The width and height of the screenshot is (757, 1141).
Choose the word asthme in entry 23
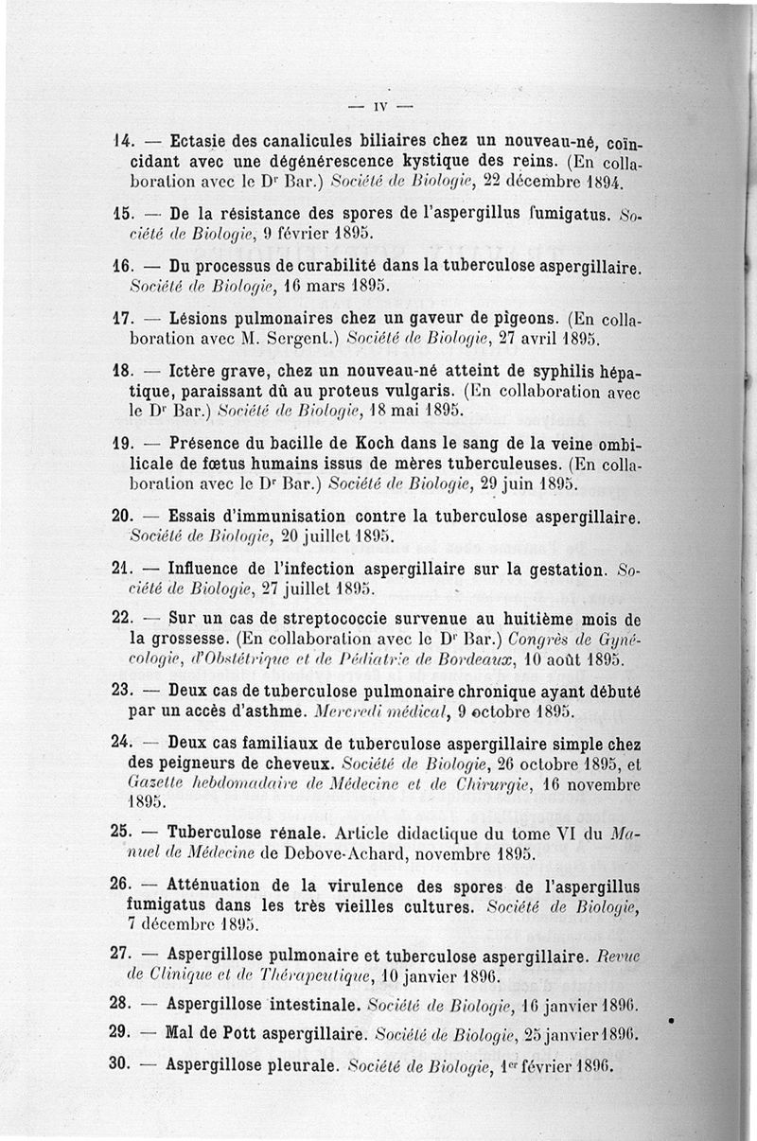pyautogui.click(x=279, y=710)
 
